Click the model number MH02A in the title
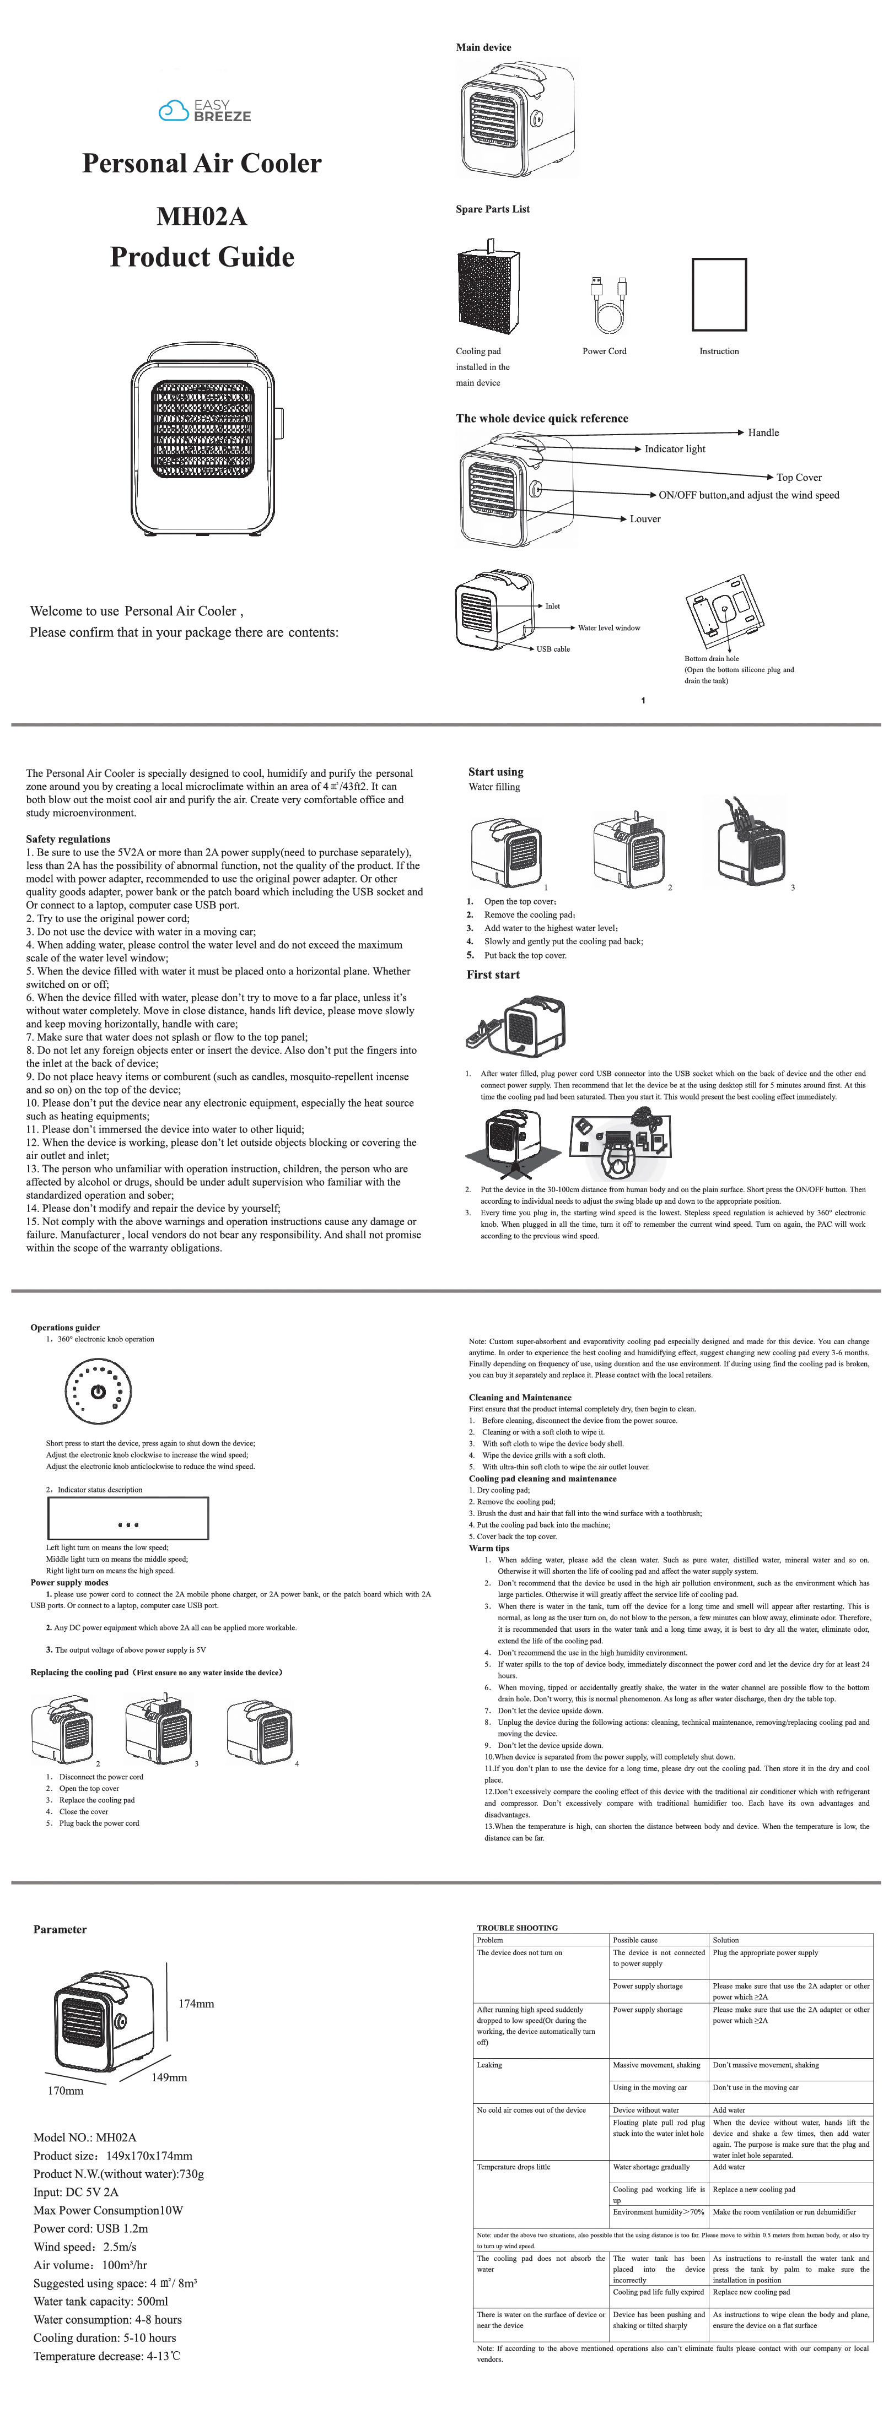tap(201, 217)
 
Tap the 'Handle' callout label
tap(762, 433)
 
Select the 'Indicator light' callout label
tap(674, 449)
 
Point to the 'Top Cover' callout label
tap(798, 477)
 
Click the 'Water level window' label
tap(608, 628)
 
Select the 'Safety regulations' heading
tap(68, 838)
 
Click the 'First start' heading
tap(493, 975)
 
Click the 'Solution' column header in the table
tap(726, 1939)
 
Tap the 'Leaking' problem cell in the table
tap(489, 2064)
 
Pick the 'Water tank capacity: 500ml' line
tap(100, 2301)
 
